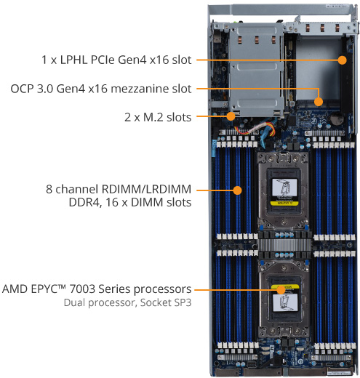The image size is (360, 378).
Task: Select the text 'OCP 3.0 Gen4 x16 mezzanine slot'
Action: tap(101, 89)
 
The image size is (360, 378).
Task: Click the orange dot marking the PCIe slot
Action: tap(338, 60)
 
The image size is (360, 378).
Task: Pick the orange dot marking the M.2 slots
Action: tap(230, 116)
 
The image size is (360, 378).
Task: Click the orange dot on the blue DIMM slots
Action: tap(237, 191)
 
